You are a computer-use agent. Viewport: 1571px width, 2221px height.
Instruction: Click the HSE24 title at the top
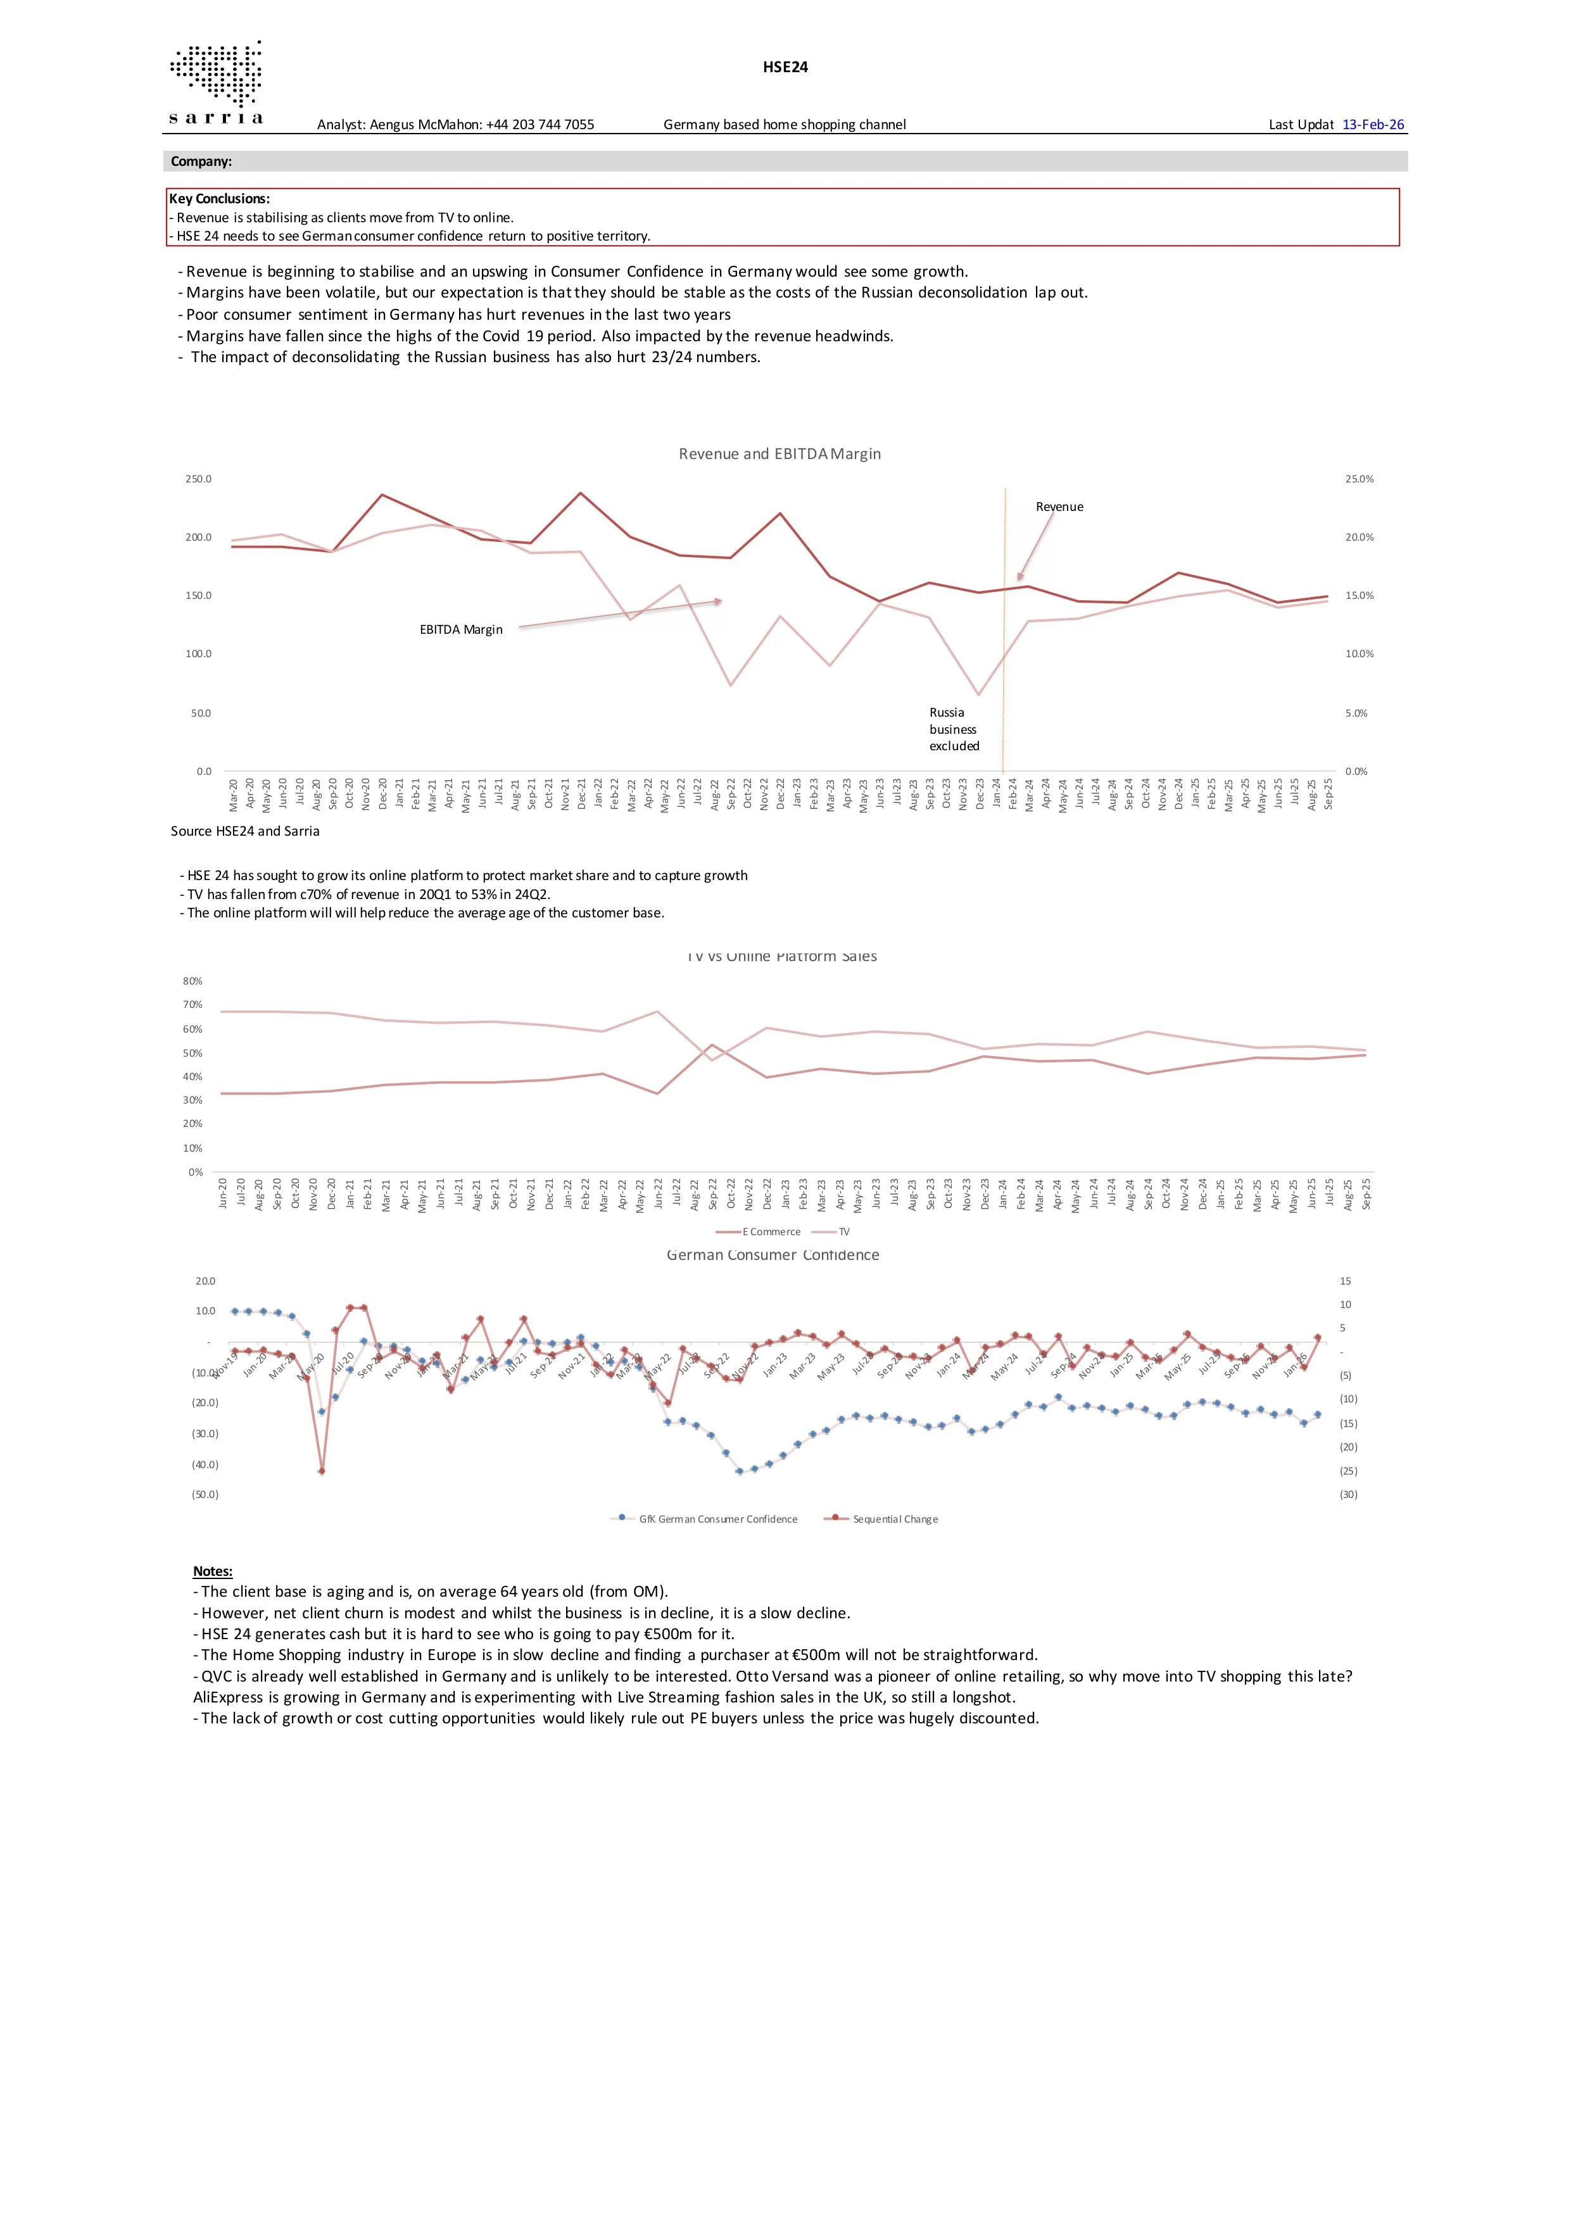tap(785, 66)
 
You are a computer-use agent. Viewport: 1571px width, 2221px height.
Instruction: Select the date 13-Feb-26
tap(1373, 125)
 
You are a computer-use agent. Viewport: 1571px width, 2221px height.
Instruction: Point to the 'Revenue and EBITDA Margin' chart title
tap(779, 454)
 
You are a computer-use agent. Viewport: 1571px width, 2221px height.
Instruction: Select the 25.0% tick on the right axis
tap(1358, 479)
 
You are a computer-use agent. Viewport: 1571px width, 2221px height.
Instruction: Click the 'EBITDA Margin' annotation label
tap(462, 630)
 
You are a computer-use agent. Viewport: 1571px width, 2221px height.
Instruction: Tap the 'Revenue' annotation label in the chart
tap(1059, 507)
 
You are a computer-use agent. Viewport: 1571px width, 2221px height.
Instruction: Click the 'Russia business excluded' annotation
tap(954, 729)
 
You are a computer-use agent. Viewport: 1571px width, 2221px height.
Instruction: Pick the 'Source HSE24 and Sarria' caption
tap(245, 831)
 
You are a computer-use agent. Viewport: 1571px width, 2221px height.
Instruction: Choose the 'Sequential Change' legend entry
tap(895, 1519)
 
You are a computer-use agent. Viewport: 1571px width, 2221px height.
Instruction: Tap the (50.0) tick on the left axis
tap(205, 1495)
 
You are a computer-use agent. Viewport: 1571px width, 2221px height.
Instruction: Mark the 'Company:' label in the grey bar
tap(201, 161)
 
